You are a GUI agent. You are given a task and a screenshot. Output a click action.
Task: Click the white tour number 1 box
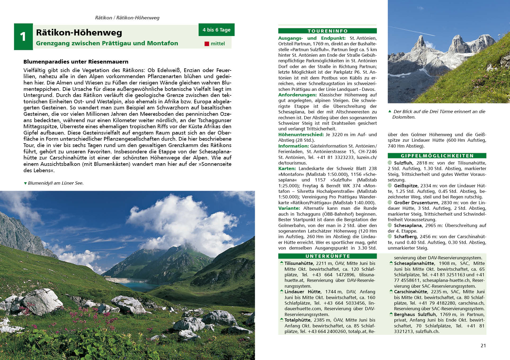coord(23,37)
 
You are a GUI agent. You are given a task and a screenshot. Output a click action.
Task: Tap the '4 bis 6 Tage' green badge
coord(216,30)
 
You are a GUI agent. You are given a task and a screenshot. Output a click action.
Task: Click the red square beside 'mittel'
coord(207,44)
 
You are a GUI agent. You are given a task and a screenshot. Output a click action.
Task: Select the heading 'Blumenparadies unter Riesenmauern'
coord(76,62)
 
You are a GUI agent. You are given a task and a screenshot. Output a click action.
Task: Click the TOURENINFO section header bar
coord(327,31)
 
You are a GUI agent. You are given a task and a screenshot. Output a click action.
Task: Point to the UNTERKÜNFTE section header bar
coord(327,256)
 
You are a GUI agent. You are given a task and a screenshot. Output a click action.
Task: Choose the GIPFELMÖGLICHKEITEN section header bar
coord(437,156)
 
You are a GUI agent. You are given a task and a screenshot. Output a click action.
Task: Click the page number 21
coord(483,345)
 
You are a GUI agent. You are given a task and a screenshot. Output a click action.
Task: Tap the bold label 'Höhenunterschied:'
coord(301,135)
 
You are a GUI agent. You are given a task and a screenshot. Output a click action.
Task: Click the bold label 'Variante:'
coord(289,208)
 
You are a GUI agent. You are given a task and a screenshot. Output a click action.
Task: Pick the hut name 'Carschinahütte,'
coord(411,292)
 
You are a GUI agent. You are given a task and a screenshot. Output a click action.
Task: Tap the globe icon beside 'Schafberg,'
coord(390,237)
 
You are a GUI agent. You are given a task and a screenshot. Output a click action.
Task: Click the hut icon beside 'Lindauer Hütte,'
coord(281,291)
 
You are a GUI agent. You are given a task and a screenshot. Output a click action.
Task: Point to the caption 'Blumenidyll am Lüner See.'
coord(56,183)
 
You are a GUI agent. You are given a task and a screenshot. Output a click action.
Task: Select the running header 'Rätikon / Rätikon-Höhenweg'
coord(127,18)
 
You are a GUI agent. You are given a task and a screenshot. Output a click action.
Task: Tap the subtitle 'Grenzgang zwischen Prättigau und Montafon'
coord(107,43)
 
